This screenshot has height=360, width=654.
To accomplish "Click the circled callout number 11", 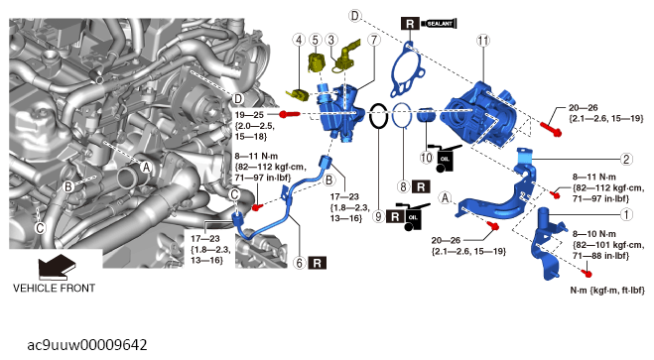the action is (483, 41).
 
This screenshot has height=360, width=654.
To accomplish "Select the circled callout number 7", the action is (374, 40).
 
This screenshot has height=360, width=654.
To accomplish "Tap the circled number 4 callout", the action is (299, 40).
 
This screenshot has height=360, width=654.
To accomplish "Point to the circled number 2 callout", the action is (626, 159).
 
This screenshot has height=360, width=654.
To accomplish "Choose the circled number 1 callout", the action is (626, 214).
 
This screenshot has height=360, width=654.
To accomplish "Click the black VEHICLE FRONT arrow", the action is (58, 266).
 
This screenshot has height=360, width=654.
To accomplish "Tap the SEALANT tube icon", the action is (440, 24).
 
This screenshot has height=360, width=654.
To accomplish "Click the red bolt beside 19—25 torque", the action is (290, 114).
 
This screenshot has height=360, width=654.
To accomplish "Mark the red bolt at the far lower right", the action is (588, 274).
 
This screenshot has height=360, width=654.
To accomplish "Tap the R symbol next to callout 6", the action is (317, 263).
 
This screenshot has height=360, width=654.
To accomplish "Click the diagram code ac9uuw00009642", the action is (87, 345).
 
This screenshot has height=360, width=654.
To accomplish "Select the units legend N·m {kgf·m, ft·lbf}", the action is (607, 290).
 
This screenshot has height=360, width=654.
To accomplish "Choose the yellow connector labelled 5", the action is (317, 62).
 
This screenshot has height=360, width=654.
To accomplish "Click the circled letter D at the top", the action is (353, 16).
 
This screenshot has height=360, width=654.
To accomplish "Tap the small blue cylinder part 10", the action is (426, 115).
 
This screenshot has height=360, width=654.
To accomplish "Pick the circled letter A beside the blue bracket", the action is (446, 197).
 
